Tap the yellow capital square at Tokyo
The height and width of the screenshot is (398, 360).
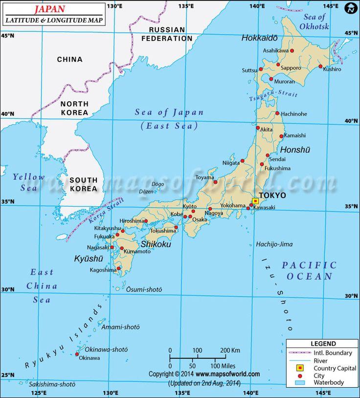(x=255, y=201)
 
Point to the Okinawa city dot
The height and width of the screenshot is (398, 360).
(x=77, y=354)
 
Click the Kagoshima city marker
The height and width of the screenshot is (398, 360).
(x=118, y=268)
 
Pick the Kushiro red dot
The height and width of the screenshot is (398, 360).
(x=320, y=67)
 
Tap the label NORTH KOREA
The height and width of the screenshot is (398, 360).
(x=74, y=108)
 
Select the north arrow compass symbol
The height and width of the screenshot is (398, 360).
(x=351, y=8)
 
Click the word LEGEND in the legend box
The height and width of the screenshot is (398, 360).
(x=322, y=344)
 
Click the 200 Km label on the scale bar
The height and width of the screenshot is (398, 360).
(x=229, y=351)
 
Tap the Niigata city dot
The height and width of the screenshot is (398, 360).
(x=242, y=161)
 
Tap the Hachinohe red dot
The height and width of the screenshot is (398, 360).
(x=277, y=114)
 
